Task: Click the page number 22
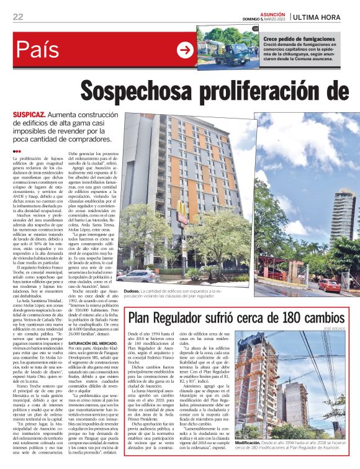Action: click(17, 17)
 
